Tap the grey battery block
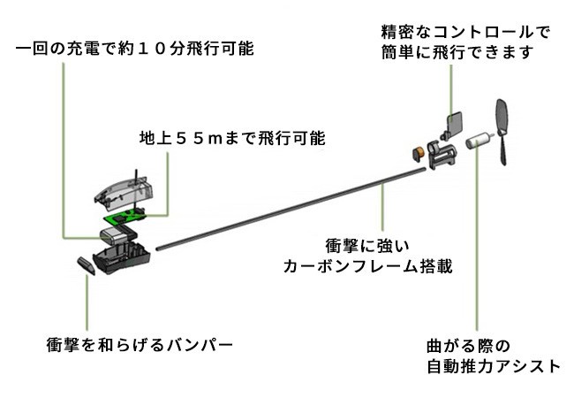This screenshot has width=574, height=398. [113, 233]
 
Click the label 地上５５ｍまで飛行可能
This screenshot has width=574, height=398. [232, 139]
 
